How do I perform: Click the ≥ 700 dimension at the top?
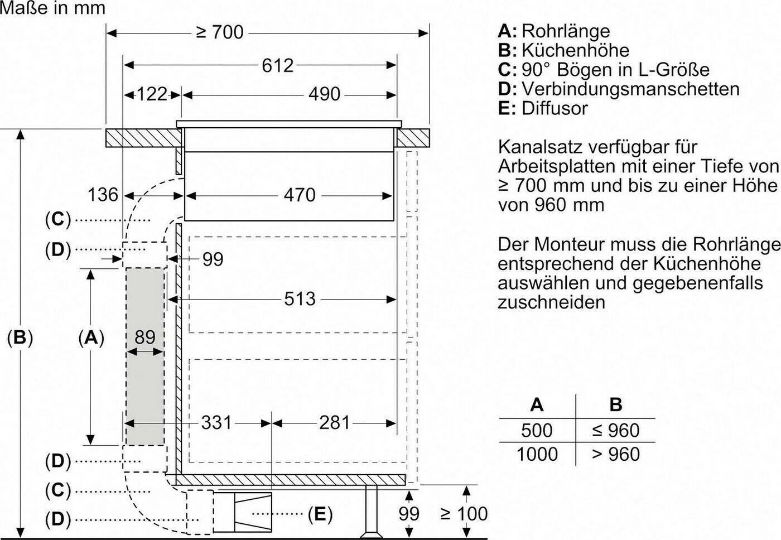pyautogui.click(x=220, y=32)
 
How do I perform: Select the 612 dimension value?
pyautogui.click(x=278, y=65)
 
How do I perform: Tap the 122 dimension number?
pyautogui.click(x=152, y=94)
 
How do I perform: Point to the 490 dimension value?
pyautogui.click(x=324, y=94)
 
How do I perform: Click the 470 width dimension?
pyautogui.click(x=300, y=195)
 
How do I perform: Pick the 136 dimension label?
pyautogui.click(x=103, y=195)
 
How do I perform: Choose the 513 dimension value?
pyautogui.click(x=300, y=299)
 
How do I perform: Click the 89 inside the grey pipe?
pyautogui.click(x=145, y=337)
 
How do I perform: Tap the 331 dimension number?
pyautogui.click(x=216, y=422)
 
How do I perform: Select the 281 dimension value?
pyautogui.click(x=334, y=422)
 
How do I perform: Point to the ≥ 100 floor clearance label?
pyautogui.click(x=464, y=514)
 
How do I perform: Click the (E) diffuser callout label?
pyautogui.click(x=320, y=514)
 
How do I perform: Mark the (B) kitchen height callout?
pyautogui.click(x=20, y=337)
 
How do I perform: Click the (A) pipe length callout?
pyautogui.click(x=91, y=337)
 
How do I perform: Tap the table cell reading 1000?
pyautogui.click(x=537, y=454)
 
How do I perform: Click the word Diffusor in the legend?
pyautogui.click(x=555, y=108)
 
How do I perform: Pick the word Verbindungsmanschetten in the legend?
pyautogui.click(x=631, y=89)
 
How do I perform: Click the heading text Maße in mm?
pyautogui.click(x=52, y=8)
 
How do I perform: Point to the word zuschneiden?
pyautogui.click(x=551, y=302)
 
